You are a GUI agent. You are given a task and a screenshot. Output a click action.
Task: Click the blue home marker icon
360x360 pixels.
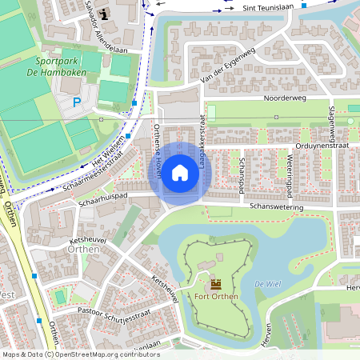180,172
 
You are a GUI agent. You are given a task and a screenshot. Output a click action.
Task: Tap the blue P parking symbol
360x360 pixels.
77,102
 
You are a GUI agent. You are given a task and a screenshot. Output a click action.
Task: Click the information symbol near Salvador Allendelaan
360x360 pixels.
105,14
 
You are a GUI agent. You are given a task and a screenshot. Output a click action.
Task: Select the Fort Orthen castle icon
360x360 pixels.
215,284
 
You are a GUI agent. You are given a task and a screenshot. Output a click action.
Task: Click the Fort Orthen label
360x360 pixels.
215,298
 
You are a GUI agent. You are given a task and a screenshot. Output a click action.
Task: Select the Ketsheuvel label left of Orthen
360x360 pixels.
88,239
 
